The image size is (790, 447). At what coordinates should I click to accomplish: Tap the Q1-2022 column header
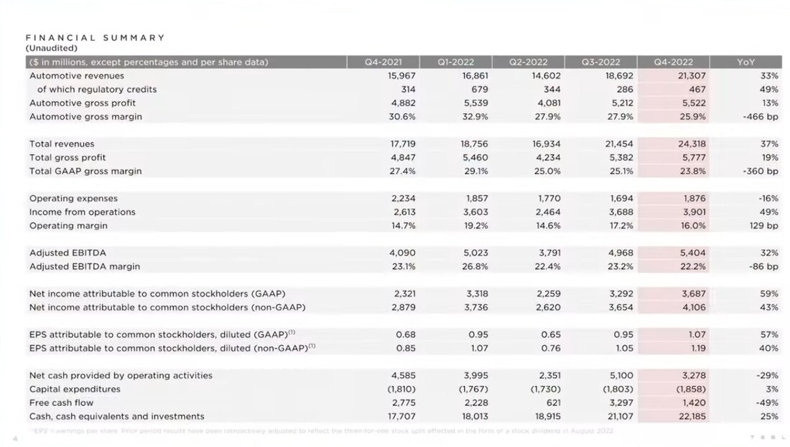coord(455,62)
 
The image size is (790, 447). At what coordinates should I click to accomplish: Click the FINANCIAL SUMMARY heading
coord(96,37)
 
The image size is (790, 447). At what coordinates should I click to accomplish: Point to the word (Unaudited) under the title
coord(51,48)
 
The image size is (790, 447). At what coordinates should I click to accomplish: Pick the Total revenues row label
coord(62,144)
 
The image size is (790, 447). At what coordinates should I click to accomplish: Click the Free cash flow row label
coord(62,403)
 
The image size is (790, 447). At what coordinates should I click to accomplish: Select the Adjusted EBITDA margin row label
coord(85,267)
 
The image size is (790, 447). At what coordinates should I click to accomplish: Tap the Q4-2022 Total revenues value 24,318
coord(692,144)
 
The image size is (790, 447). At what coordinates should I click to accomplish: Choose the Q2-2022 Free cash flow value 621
coord(552,403)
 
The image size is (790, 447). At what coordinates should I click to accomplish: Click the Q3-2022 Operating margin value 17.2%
coord(621,226)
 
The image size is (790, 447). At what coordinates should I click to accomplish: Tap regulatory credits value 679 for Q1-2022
coord(480,90)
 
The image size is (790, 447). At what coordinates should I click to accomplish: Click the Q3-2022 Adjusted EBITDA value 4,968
coord(621,253)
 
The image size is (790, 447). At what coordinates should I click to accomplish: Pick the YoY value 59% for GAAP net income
coord(768,294)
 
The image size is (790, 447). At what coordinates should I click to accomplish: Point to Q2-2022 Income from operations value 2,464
coord(548,212)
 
